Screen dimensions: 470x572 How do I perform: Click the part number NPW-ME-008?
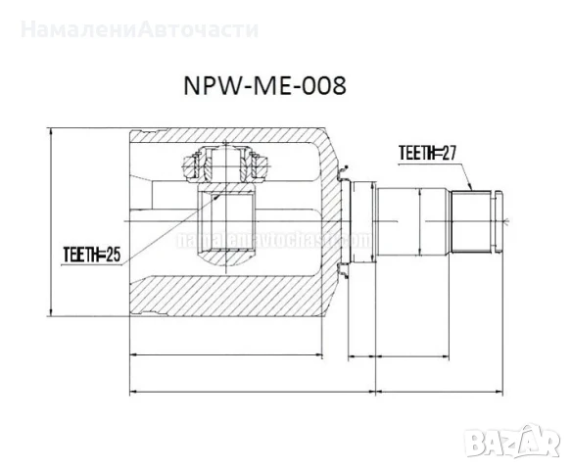coord(263,87)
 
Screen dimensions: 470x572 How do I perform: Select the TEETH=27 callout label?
coord(429,153)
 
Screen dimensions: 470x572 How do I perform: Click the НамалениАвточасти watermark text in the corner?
coord(139,28)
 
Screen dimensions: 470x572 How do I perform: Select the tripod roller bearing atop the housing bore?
coord(226,165)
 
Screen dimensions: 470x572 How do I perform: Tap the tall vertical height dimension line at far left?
coord(50,222)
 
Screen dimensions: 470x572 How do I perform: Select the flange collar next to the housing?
coord(363,223)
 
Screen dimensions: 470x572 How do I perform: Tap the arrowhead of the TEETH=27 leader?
coord(472,188)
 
